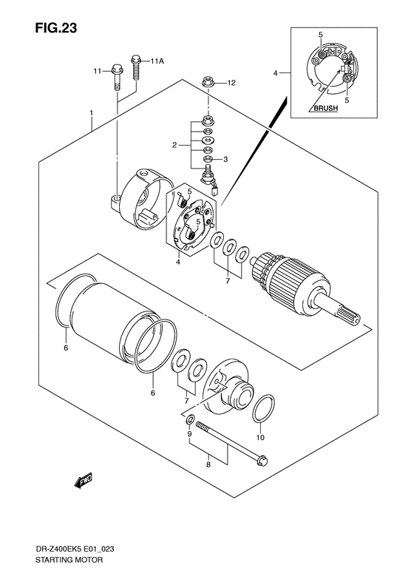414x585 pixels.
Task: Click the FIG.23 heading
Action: [56, 27]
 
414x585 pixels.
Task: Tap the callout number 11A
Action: [157, 61]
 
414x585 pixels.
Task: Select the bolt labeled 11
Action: [117, 78]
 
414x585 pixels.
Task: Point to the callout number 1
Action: [91, 112]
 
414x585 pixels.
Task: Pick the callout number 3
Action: [225, 160]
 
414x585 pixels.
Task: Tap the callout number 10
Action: [260, 437]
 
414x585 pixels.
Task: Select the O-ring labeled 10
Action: [264, 409]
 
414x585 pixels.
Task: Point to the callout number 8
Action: [208, 465]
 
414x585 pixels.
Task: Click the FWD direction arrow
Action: [84, 481]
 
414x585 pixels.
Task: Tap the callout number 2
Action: [174, 145]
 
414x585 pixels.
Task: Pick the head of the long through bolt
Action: [263, 461]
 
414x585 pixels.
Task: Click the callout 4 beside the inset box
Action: [275, 73]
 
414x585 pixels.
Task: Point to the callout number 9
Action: [189, 434]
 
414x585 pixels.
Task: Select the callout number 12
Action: [231, 82]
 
